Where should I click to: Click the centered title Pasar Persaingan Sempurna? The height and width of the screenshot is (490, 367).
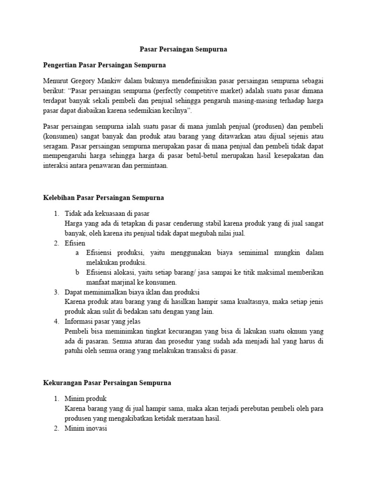click(183, 49)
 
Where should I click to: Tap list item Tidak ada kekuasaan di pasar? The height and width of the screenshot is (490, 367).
click(110, 213)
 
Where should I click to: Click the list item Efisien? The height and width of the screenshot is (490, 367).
click(76, 243)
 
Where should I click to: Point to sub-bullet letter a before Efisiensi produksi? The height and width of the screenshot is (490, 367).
click(77, 253)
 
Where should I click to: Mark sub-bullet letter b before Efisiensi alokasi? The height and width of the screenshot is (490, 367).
click(77, 273)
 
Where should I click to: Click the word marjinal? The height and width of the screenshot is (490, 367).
click(125, 283)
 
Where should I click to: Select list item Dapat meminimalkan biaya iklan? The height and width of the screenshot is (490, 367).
click(132, 292)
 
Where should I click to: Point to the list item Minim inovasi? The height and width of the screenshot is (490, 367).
click(86, 428)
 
